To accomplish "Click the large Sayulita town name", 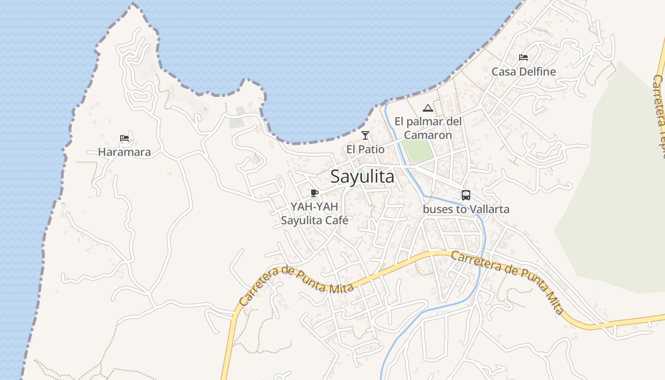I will click(362, 177).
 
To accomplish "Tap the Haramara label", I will click(124, 152).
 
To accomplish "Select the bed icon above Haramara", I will click(124, 138).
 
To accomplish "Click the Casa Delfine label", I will click(523, 72).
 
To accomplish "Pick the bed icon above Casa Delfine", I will click(523, 57).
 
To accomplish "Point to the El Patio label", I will click(365, 149).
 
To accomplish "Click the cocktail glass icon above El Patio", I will click(365, 135).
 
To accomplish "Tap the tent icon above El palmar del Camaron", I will click(428, 108).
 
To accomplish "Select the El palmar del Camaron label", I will click(428, 128).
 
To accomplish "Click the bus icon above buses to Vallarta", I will click(466, 195).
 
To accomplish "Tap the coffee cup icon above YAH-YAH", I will click(314, 192).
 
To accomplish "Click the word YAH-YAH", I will click(314, 207).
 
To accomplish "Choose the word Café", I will click(336, 220).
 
